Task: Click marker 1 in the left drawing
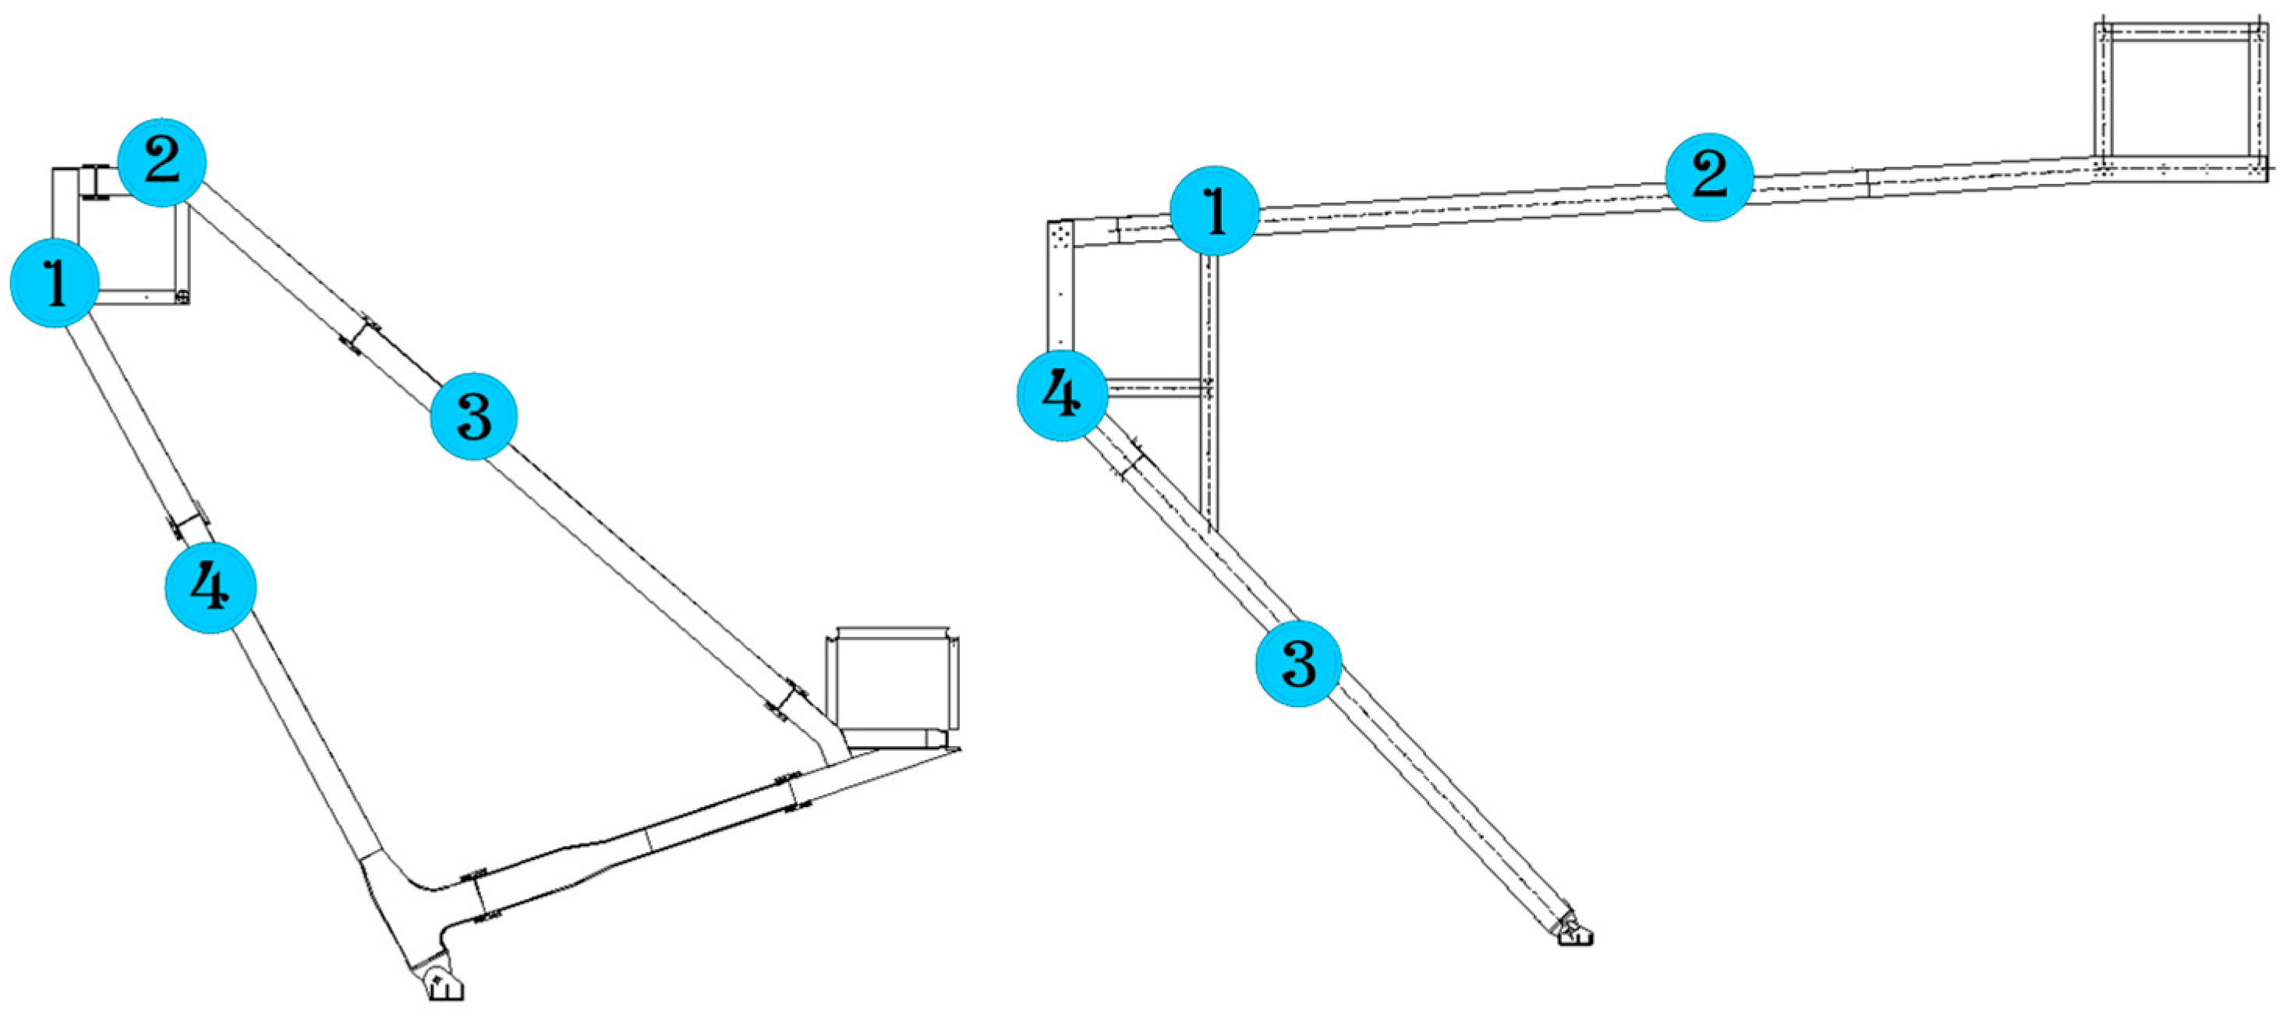(54, 282)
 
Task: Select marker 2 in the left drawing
(161, 162)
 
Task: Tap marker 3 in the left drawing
(473, 416)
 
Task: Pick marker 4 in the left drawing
(211, 587)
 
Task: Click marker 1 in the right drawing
(1214, 211)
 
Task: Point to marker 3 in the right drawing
(1297, 663)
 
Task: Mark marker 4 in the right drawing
(1061, 395)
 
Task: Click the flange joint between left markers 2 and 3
(360, 335)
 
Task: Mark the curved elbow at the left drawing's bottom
(399, 874)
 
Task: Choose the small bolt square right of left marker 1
(182, 296)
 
